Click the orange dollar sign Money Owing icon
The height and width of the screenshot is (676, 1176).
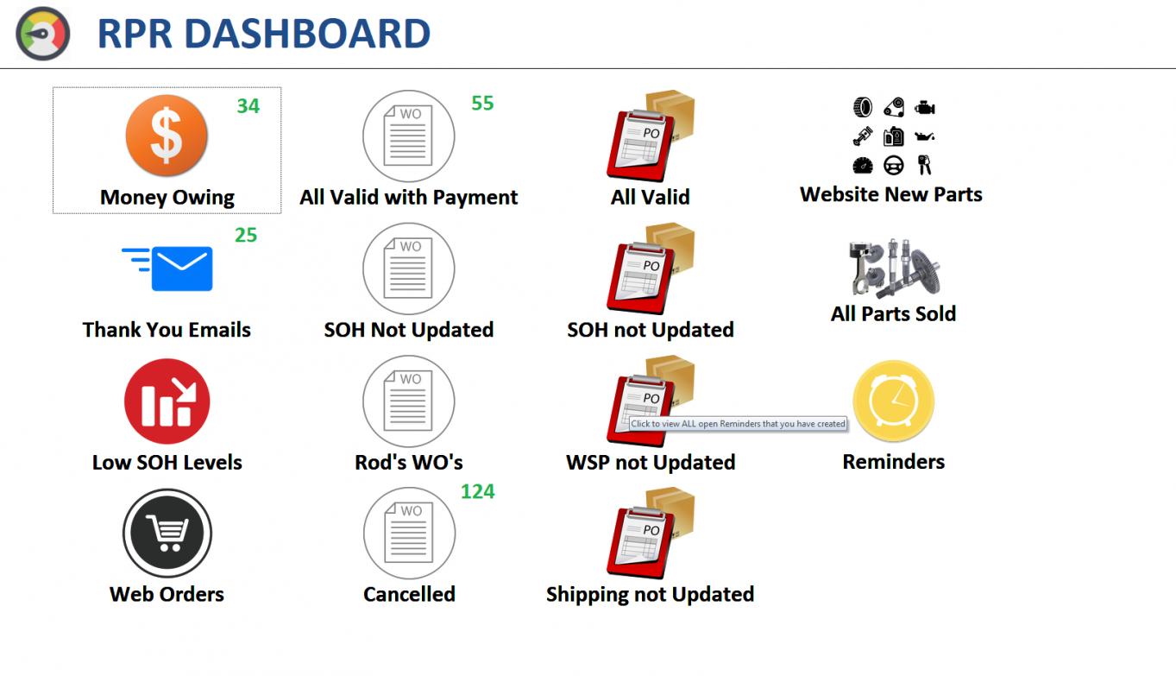[x=167, y=136]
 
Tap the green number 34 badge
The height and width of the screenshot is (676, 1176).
[x=248, y=106]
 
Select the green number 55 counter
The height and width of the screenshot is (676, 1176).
[x=482, y=103]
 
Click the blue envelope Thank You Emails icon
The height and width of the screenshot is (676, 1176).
[x=167, y=269]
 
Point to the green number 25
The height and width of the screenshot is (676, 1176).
[x=246, y=235]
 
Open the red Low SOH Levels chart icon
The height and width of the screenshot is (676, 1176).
[x=167, y=401]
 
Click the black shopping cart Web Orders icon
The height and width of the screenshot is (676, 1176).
[x=167, y=534]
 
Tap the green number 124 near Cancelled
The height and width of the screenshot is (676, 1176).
[x=477, y=491]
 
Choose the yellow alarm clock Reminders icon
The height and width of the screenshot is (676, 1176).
[x=894, y=401]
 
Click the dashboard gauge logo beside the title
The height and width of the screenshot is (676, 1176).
[x=42, y=34]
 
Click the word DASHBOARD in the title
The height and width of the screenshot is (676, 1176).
[x=308, y=34]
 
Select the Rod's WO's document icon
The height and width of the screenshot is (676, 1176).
[x=408, y=401]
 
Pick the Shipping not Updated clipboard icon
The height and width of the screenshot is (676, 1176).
[x=651, y=533]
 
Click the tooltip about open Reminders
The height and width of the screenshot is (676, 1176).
[x=738, y=424]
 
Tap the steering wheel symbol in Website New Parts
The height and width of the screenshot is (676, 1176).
[x=893, y=166]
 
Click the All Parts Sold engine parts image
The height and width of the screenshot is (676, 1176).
[x=893, y=268]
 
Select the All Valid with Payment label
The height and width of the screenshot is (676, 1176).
[x=408, y=198]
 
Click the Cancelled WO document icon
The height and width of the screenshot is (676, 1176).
[x=409, y=533]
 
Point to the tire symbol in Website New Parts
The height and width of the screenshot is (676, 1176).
[x=863, y=107]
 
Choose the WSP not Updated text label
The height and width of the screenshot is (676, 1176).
[x=651, y=462]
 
